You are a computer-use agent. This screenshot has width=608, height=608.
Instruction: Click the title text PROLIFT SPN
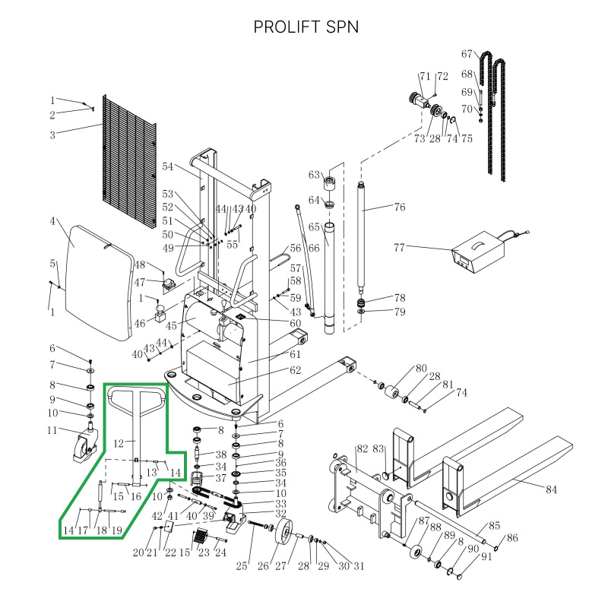[x=306, y=27]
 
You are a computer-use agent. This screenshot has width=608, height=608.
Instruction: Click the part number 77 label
[x=400, y=246]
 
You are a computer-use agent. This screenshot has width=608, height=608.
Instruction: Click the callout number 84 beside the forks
[x=552, y=489]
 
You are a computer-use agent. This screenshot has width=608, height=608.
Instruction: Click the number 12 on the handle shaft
[x=119, y=443]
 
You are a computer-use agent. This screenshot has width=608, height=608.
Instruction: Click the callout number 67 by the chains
[x=467, y=53]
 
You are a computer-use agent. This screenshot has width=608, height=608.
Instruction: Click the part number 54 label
[x=168, y=166]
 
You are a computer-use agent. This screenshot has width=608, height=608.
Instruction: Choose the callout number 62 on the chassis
[x=295, y=371]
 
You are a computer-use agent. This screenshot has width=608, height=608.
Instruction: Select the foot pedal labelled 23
[x=200, y=540]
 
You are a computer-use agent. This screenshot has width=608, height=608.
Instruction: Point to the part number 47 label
[x=140, y=282]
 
